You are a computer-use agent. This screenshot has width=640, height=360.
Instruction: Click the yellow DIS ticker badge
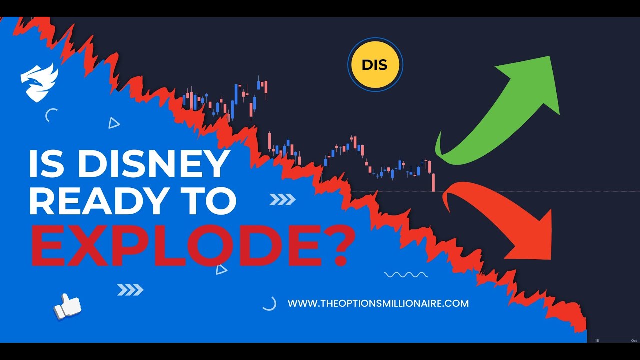(375, 65)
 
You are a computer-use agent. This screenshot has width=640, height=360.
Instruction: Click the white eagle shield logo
(39, 82)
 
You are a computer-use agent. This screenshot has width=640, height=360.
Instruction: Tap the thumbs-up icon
(67, 305)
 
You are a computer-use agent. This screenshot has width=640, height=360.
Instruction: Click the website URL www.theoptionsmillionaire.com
(378, 303)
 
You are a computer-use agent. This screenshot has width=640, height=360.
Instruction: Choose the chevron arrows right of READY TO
(282, 200)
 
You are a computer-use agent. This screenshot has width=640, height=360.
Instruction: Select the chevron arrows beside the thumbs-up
(130, 290)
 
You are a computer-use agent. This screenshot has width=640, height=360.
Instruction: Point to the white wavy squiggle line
(405, 275)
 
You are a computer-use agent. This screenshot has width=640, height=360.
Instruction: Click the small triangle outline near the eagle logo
(114, 123)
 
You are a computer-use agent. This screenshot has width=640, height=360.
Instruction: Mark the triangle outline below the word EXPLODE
(221, 270)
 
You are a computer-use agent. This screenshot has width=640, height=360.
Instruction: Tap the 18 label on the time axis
(596, 340)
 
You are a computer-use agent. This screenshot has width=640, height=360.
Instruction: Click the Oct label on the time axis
(633, 340)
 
